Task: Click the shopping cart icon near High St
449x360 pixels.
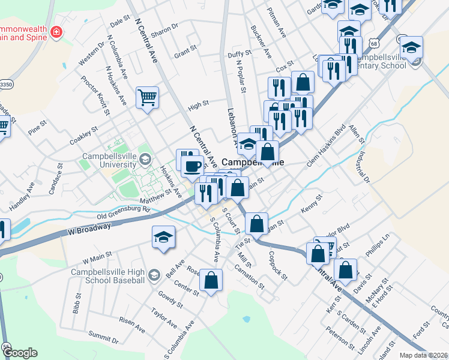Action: click(x=147, y=97)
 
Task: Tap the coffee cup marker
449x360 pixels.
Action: click(x=192, y=166)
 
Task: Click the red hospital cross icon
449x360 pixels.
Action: click(x=56, y=31)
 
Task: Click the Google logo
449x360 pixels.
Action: click(x=19, y=353)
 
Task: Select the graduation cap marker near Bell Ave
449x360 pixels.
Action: click(x=163, y=238)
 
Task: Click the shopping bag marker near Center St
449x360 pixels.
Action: click(x=211, y=280)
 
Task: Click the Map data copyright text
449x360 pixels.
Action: click(x=423, y=355)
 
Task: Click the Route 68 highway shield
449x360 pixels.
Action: click(x=374, y=44)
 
